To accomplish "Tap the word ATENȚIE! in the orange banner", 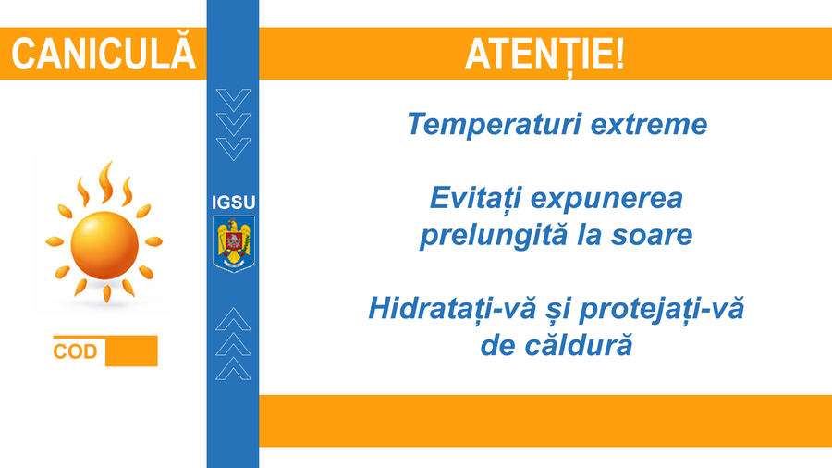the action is pos(544,55).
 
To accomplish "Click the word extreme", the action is pos(649,125).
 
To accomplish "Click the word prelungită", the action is pos(494,236).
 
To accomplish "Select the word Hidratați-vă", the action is pos(452,309).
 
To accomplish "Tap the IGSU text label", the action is pos(234,203).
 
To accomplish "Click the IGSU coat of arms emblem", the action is pos(234,243).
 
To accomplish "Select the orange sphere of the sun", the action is pos(104,245).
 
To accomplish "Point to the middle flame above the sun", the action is pos(106,182).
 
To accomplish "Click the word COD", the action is pos(76,351).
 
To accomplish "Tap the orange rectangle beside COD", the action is pos(131,351).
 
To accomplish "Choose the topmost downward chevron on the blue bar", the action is pos(234,100).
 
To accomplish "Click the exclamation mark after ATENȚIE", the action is pos(619,54).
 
